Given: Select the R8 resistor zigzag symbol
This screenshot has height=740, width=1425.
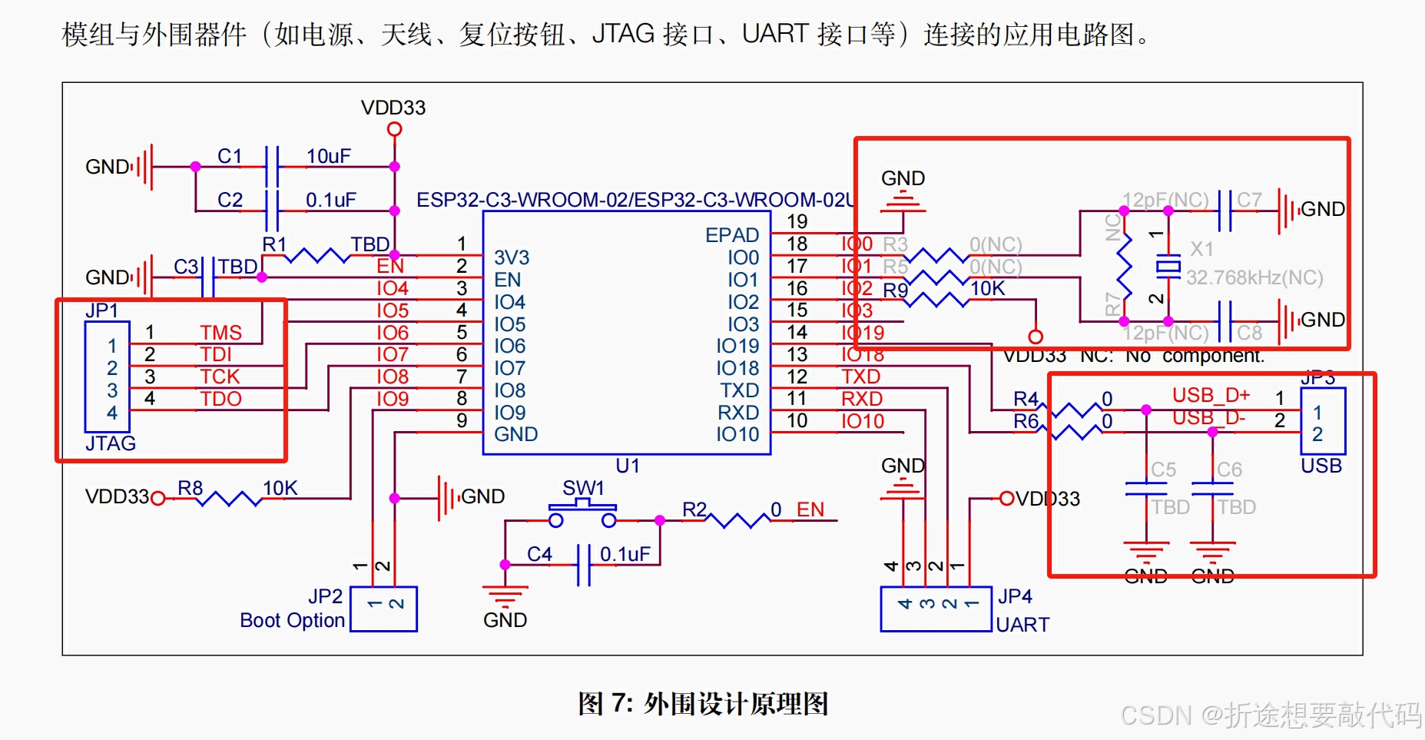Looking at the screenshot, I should pos(229,499).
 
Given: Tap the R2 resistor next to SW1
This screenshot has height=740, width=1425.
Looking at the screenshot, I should pos(737,520).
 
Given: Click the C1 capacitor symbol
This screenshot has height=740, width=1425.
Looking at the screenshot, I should pos(271,166).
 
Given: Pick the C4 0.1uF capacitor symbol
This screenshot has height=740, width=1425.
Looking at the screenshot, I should pos(584,565).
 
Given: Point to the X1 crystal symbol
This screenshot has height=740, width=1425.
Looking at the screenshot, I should pos(1168,266).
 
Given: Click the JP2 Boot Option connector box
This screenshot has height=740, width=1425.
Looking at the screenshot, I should pos(383,609).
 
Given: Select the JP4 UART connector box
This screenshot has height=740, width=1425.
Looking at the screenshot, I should pos(936,609).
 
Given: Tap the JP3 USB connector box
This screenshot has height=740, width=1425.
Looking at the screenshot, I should pos(1322,421).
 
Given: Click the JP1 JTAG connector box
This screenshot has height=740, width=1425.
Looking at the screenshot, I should pos(107,377).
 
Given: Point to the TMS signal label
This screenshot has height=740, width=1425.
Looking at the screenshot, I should pos(220,333).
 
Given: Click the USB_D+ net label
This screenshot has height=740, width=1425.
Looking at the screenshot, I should pos(1211,395).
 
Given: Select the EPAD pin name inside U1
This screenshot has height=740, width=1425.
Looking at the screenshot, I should pos(732,235).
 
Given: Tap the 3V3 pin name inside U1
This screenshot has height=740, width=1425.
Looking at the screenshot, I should pos(512,257).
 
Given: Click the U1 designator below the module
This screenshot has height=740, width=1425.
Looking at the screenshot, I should pos(627,466).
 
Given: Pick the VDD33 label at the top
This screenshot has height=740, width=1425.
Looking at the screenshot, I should pos(393,108).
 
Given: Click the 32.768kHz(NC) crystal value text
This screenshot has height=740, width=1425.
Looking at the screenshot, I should pos(1254,277).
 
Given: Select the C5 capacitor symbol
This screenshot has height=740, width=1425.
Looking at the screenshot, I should pos(1146,488).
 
